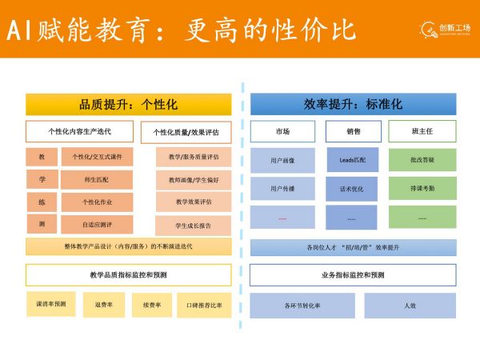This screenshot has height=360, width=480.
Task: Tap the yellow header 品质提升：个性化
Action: [x=128, y=104]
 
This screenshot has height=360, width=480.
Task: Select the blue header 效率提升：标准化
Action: [x=353, y=104]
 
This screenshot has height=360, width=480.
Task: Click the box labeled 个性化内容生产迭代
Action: [x=79, y=131]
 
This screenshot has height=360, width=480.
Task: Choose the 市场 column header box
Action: [x=282, y=131]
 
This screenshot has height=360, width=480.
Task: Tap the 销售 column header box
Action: [x=352, y=131]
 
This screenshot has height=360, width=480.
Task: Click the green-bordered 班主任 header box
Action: [x=422, y=131]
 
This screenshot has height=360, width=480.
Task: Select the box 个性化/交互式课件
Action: [x=97, y=157]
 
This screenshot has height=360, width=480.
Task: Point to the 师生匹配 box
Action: [x=97, y=180]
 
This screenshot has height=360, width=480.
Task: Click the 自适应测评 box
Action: [x=97, y=225]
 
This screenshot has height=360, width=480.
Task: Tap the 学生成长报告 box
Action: [x=193, y=226]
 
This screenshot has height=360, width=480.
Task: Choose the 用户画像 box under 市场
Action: [x=282, y=160]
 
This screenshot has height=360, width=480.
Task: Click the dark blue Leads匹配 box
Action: [x=352, y=160]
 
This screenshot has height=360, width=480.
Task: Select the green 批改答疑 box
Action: [x=422, y=160]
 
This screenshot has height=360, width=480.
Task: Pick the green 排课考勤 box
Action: [x=422, y=189]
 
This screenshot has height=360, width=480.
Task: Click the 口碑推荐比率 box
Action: [x=204, y=305]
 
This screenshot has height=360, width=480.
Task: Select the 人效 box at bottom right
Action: [x=410, y=306]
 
